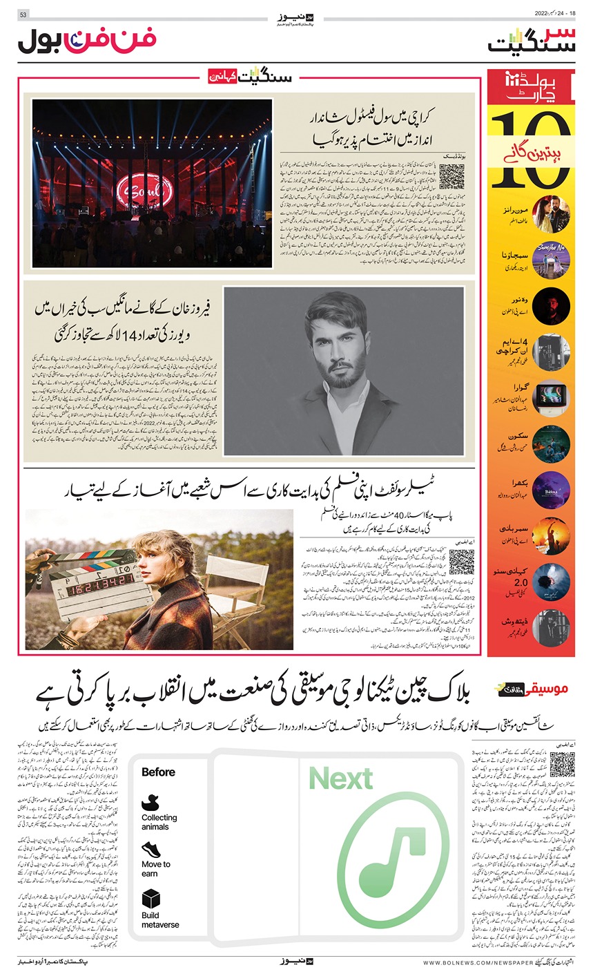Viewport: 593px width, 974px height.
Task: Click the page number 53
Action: [x=23, y=15]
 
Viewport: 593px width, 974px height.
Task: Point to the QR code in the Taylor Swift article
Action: [x=461, y=563]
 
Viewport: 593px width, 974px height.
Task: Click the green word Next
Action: [x=341, y=779]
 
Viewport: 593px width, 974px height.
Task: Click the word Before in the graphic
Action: [x=158, y=772]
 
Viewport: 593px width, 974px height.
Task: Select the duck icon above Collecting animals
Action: [x=150, y=803]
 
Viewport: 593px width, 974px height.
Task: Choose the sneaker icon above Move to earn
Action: [x=150, y=849]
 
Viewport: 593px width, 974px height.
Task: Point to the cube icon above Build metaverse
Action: [x=150, y=899]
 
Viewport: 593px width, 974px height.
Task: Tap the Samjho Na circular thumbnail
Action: [x=550, y=261]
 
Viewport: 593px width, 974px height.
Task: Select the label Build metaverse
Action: [x=160, y=920]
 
